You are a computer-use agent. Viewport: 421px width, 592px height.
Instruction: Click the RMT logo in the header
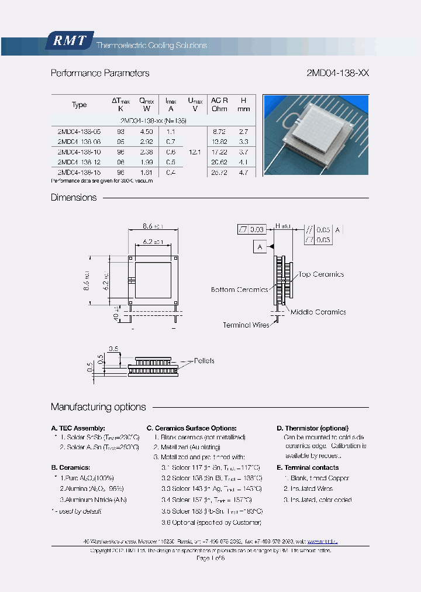coord(70,40)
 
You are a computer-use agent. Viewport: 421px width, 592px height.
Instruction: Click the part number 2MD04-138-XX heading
coord(337,74)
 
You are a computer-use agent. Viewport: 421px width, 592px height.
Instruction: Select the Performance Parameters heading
coord(100,74)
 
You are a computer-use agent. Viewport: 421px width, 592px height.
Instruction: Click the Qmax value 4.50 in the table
coord(146,132)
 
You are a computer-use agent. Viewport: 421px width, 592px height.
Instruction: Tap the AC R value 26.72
coord(219,173)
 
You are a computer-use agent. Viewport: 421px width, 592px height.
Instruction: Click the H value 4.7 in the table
coord(244,173)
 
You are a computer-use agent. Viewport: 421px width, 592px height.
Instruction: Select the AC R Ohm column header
coord(219,105)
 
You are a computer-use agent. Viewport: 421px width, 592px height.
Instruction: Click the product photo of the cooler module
coord(316,135)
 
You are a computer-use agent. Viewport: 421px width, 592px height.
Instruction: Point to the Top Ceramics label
coord(321,274)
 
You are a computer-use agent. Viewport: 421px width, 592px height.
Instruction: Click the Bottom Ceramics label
coord(239,290)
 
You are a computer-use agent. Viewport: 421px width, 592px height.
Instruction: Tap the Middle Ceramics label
coord(318,312)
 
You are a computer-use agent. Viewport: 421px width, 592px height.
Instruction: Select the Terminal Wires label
coord(246,325)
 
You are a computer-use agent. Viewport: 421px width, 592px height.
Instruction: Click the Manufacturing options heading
coord(98,407)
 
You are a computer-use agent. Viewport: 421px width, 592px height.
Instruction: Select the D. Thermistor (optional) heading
coord(312,428)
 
